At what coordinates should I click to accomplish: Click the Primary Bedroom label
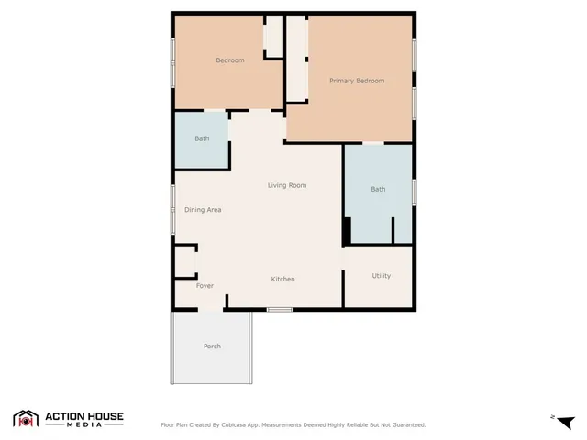pos(357,81)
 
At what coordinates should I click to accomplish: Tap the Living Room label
pos(286,185)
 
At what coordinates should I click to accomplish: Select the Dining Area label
pos(203,210)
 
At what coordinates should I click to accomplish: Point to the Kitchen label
pos(282,279)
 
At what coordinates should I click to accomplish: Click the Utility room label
pos(382,276)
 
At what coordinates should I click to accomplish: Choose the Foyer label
pos(205,286)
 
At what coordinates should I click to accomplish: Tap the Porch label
pos(212,346)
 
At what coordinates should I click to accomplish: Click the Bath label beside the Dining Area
pos(202,138)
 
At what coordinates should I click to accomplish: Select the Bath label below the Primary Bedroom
pos(378,190)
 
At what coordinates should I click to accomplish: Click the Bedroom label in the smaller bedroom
pos(229,60)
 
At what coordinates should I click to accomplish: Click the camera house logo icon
pos(26,419)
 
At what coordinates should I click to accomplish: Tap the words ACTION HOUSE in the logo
pos(84,416)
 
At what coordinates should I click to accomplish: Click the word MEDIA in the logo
pos(84,426)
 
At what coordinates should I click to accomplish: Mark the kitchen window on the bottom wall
pos(280,310)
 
